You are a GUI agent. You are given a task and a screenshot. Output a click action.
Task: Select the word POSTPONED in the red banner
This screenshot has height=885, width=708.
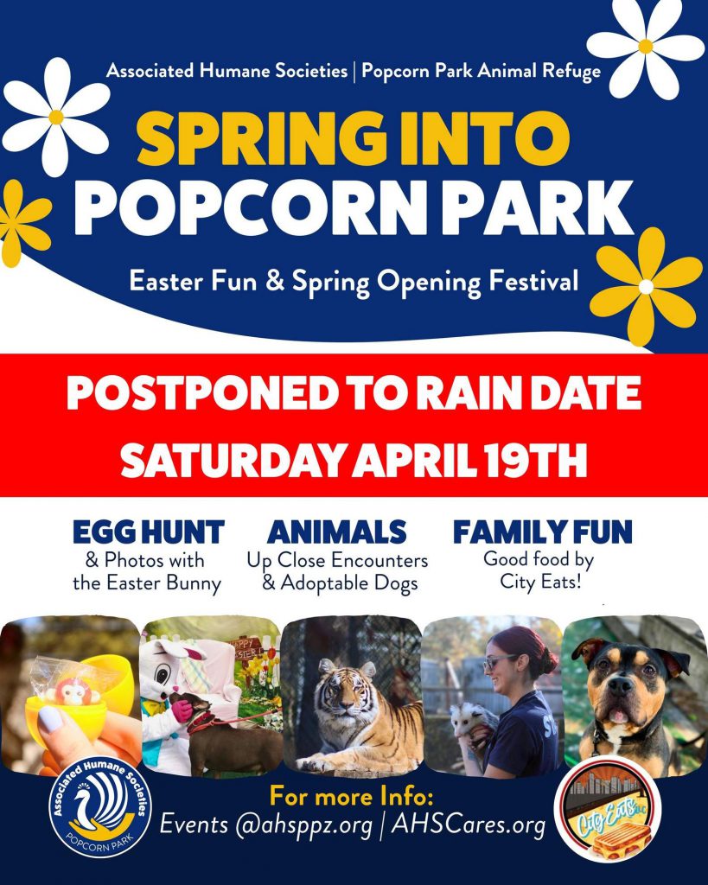point(203,393)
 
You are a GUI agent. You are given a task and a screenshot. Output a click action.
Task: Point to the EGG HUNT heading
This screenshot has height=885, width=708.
point(149,532)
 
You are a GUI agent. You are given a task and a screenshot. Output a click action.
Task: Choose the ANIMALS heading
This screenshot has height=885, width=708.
point(337,532)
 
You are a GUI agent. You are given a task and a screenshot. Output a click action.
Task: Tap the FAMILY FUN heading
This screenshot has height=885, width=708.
point(543,532)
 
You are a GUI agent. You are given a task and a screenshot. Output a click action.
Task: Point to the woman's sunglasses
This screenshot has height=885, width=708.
point(499,661)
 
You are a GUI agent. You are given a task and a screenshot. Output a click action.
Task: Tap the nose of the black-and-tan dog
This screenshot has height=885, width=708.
point(620,686)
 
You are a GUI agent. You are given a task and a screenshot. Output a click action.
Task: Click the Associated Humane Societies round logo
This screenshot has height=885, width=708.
point(100,807)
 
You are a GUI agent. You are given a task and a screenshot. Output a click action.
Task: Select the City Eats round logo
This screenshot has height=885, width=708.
point(608,809)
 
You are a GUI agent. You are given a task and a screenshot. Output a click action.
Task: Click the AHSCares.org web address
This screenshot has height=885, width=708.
point(469,825)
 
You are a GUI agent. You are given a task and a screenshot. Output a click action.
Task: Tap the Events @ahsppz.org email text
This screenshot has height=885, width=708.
point(266,825)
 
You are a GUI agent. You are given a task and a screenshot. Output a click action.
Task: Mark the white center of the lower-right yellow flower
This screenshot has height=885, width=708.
point(646,286)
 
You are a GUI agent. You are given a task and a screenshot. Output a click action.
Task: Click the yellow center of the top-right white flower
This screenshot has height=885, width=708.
point(646,47)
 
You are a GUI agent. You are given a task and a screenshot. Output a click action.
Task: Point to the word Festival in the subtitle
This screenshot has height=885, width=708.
point(533,281)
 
